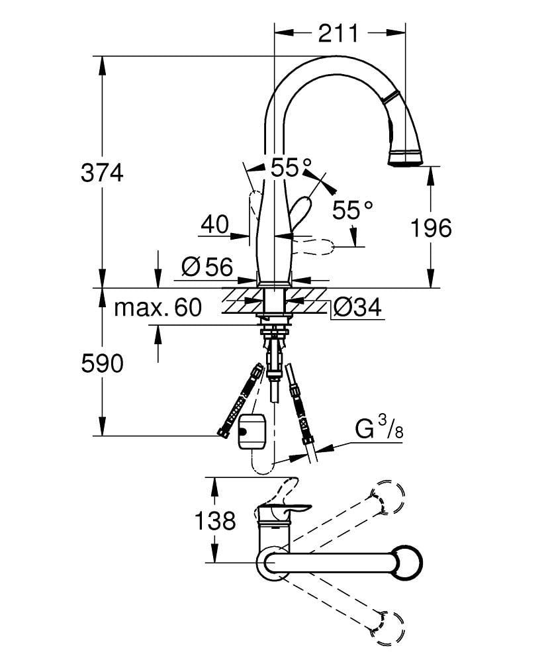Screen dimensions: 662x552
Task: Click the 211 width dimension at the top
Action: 338,32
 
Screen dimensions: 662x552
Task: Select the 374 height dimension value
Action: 102,173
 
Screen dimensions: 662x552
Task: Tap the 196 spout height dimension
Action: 430,228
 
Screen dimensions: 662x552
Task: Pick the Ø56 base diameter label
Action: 207,267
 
